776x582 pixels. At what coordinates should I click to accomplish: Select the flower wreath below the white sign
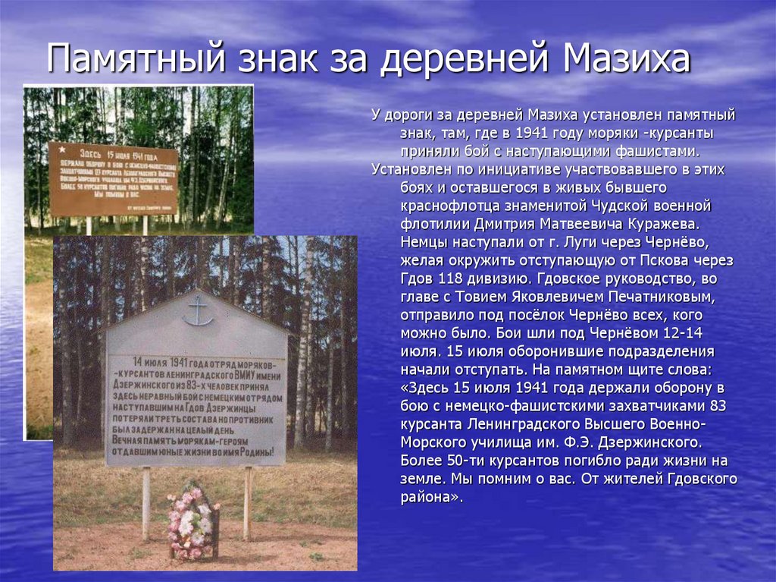pyautogui.click(x=192, y=523)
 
